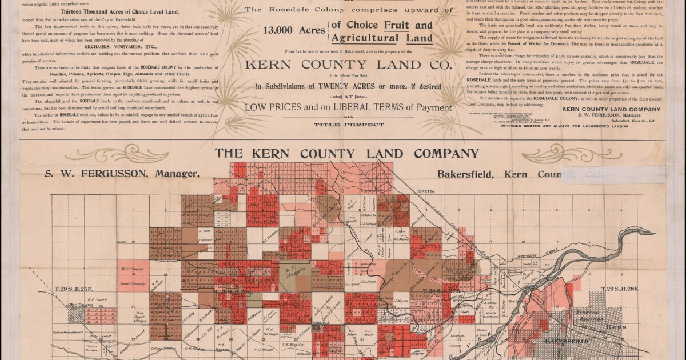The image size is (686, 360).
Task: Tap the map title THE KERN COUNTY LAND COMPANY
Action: click(x=346, y=154)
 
